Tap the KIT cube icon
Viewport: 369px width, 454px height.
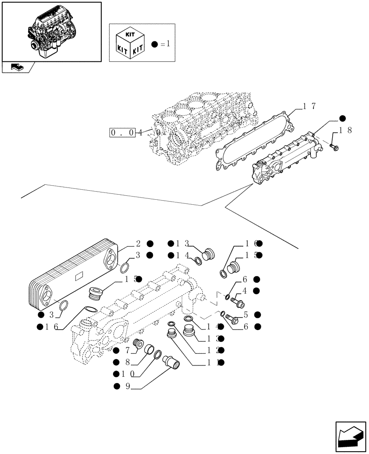tap(130, 43)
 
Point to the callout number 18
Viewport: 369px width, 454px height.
tap(346, 131)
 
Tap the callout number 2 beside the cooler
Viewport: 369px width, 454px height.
tap(137, 243)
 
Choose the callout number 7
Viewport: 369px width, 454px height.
tap(128, 350)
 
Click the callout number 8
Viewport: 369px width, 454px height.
tap(128, 362)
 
